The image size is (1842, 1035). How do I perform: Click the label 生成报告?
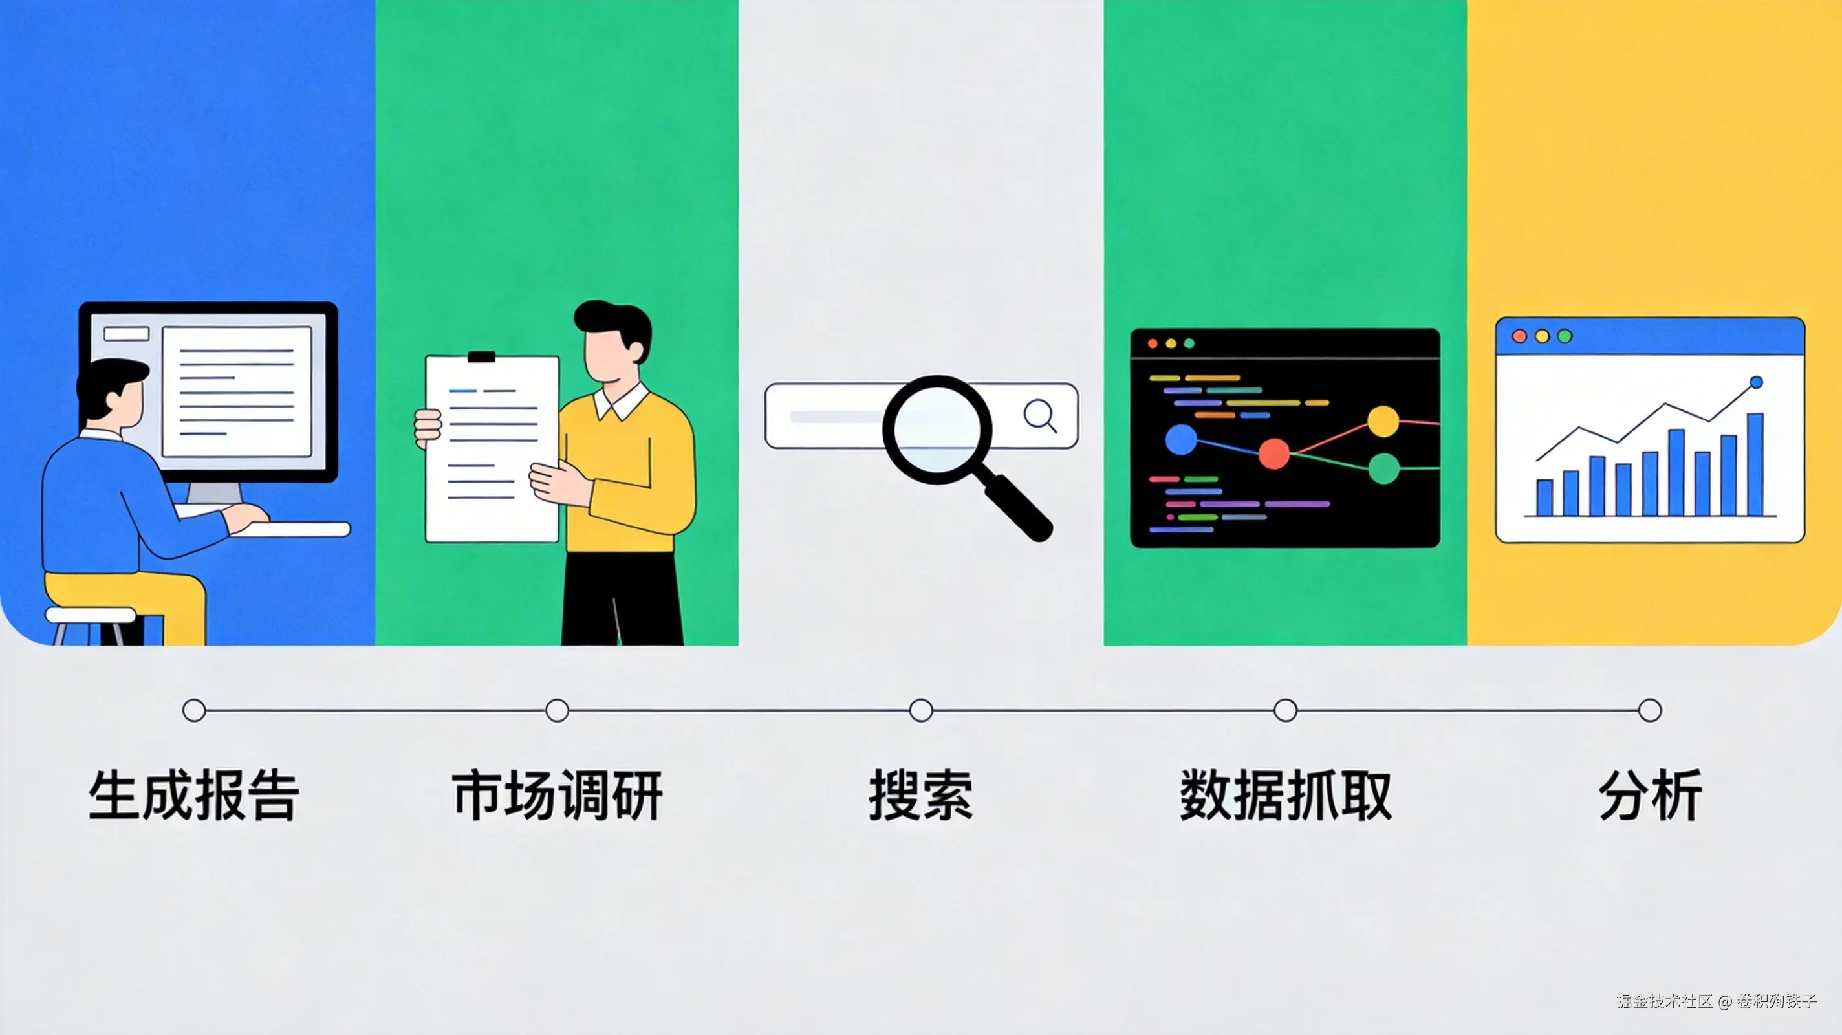tap(194, 796)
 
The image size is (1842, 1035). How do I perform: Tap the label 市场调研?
tap(557, 796)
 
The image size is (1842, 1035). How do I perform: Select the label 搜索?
tap(920, 796)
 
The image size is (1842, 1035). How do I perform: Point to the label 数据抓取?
tap(1285, 796)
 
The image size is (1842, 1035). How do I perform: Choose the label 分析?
tap(1650, 796)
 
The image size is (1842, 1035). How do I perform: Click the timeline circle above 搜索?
tap(921, 710)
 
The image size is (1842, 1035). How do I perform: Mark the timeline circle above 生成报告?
tap(194, 710)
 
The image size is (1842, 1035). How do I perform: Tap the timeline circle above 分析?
tap(1650, 710)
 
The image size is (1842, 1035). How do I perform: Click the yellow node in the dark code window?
tap(1383, 421)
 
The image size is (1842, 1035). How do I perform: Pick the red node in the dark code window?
tap(1273, 454)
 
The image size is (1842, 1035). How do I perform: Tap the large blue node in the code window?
tap(1181, 439)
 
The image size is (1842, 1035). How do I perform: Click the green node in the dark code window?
tap(1383, 468)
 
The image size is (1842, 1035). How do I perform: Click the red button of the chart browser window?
tap(1519, 336)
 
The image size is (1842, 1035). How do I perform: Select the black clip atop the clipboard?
tap(481, 356)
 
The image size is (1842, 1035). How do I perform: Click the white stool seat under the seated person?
tap(91, 615)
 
